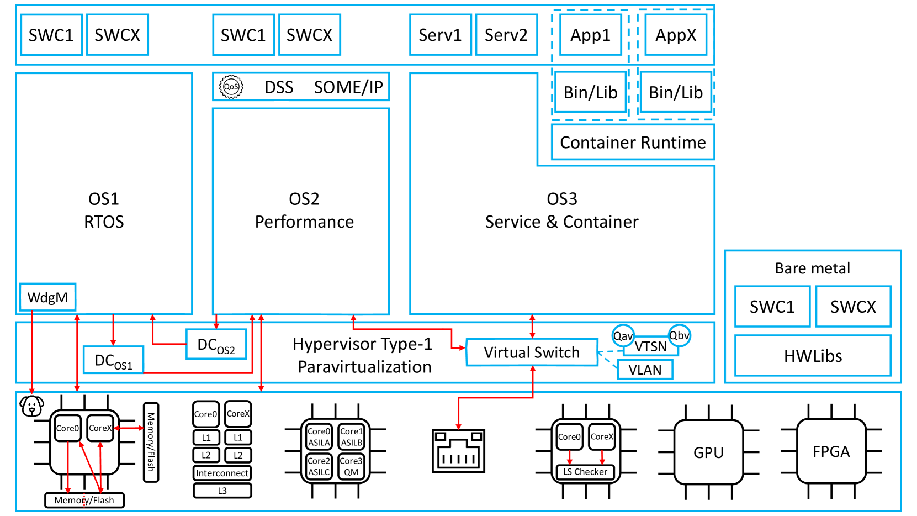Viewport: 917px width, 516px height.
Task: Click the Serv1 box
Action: pos(440,35)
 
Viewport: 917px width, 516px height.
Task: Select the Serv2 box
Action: pos(506,35)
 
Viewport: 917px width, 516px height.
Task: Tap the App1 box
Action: pos(590,35)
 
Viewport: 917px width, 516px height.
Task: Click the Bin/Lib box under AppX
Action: pos(676,92)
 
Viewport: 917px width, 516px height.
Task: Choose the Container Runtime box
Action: pos(633,143)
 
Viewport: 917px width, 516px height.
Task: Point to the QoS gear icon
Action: pos(231,87)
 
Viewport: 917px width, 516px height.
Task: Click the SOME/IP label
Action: pos(348,87)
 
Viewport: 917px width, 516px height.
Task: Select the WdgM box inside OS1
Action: pos(47,297)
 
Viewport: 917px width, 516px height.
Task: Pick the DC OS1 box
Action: pos(113,360)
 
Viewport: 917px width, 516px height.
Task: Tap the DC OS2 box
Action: pos(216,345)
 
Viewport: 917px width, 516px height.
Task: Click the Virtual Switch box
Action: pos(532,352)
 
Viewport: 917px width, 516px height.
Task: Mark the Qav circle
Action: pos(623,335)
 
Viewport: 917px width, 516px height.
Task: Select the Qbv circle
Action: pos(679,335)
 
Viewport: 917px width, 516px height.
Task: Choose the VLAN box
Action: pos(645,370)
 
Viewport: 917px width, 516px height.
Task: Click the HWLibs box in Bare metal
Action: pos(813,356)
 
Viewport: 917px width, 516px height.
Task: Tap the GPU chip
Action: pos(708,452)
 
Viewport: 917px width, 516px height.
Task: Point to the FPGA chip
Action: pos(831,452)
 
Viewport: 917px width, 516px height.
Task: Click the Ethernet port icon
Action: pos(458,451)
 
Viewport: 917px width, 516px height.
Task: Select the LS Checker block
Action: pos(585,472)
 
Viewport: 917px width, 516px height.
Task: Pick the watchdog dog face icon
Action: pos(32,406)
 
